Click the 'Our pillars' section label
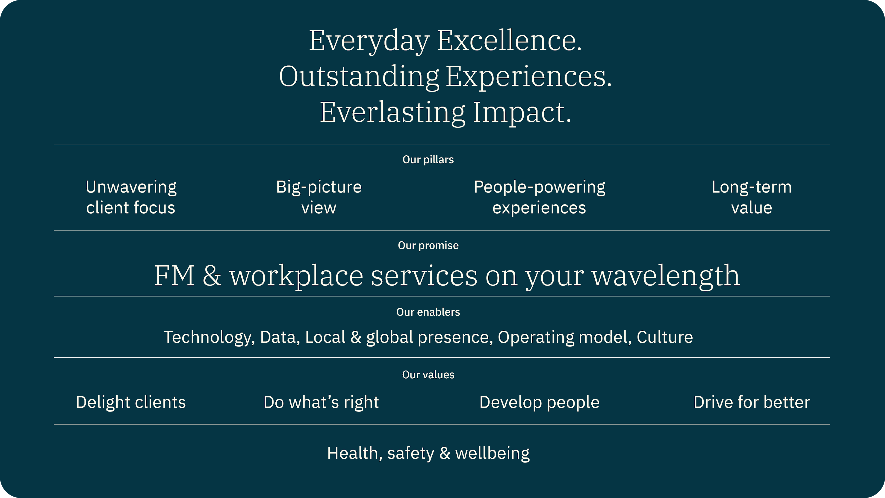click(x=428, y=160)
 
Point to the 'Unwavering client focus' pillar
click(x=131, y=197)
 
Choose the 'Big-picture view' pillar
click(x=319, y=197)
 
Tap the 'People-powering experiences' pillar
click(x=539, y=197)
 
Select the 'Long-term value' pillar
click(x=751, y=197)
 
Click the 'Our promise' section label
click(x=428, y=245)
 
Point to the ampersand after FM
click(x=212, y=276)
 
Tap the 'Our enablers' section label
click(x=428, y=312)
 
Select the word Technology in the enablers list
click(x=209, y=337)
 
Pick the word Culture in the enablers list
click(x=664, y=337)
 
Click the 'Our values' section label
click(x=428, y=375)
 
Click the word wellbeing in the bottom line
click(x=492, y=453)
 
